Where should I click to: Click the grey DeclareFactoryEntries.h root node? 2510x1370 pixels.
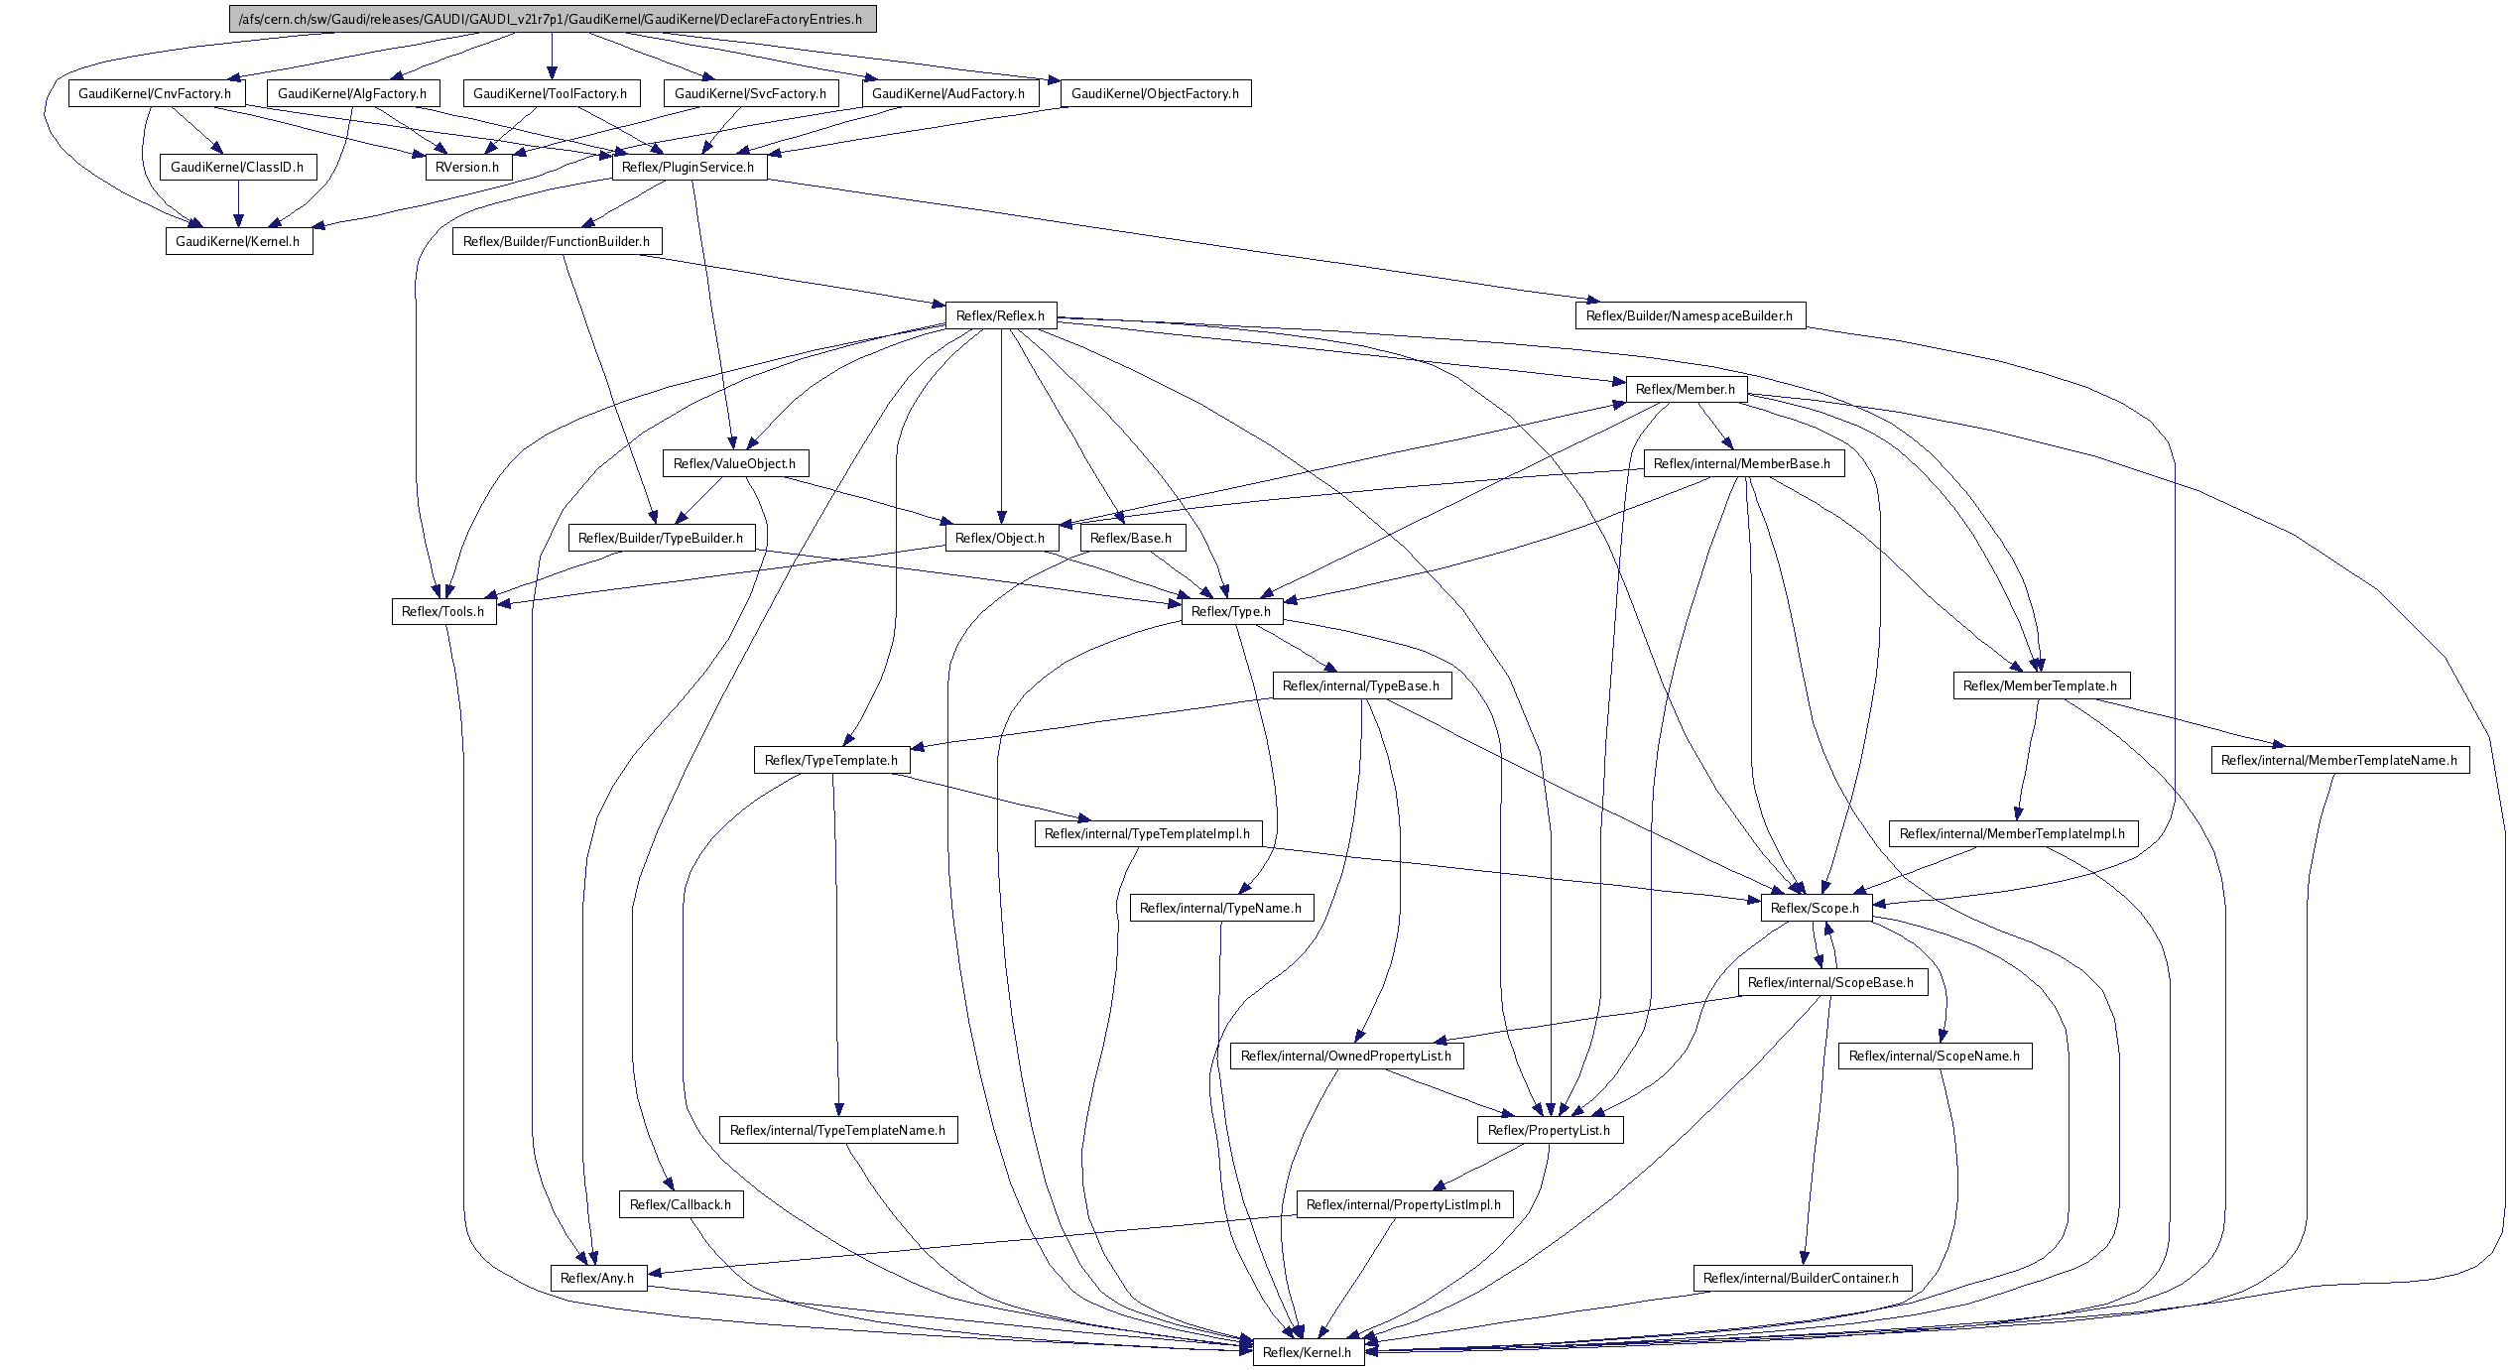click(x=553, y=19)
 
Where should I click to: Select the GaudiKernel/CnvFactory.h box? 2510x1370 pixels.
click(x=155, y=93)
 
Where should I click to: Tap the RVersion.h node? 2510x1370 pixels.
click(x=467, y=167)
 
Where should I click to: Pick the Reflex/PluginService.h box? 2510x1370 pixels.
click(x=688, y=167)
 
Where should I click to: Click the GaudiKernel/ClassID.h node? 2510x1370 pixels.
click(x=237, y=167)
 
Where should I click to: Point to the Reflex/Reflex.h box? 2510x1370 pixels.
click(x=1000, y=315)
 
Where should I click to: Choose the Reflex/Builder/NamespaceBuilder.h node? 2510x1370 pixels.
click(x=1690, y=315)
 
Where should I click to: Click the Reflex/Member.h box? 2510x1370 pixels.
click(x=1686, y=389)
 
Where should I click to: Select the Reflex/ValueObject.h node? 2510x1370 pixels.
click(x=734, y=463)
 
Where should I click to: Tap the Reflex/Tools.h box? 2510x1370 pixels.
click(x=443, y=611)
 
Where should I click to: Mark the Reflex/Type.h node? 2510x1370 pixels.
click(x=1230, y=611)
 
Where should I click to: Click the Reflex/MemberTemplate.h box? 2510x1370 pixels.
click(x=2040, y=685)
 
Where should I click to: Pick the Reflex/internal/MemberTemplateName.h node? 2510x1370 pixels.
click(x=2338, y=760)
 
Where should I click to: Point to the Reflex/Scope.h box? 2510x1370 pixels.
click(x=1815, y=908)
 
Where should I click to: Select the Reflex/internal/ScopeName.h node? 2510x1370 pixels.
click(x=1934, y=1056)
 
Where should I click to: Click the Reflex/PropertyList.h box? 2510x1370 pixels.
click(x=1549, y=1130)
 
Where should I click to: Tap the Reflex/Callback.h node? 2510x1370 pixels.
click(x=680, y=1204)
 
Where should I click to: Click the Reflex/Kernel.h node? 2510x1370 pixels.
click(x=1307, y=1352)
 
